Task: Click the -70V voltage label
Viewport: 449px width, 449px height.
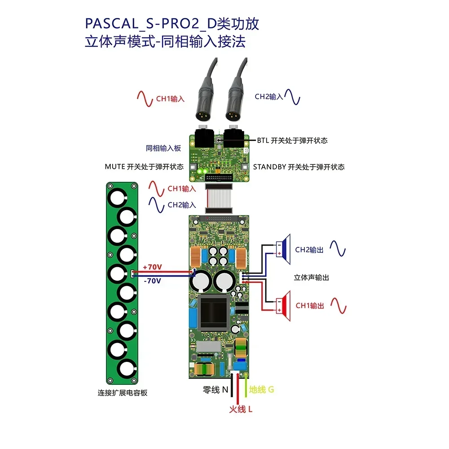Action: tap(152, 281)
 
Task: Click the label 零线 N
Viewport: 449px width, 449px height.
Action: tap(216, 390)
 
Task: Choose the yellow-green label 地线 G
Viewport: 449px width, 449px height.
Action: tap(261, 390)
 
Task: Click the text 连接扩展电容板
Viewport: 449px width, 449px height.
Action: tap(123, 392)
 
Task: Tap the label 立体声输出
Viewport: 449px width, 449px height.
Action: tap(311, 277)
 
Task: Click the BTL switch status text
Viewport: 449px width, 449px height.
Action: tap(292, 141)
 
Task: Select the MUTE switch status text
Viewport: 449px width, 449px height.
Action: tap(144, 167)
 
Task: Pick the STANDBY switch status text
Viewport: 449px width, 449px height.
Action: tap(299, 167)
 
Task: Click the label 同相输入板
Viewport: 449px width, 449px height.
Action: tap(163, 148)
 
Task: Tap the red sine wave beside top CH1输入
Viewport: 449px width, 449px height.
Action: tap(146, 98)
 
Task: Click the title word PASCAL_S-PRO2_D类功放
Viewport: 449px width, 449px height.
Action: tap(172, 24)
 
